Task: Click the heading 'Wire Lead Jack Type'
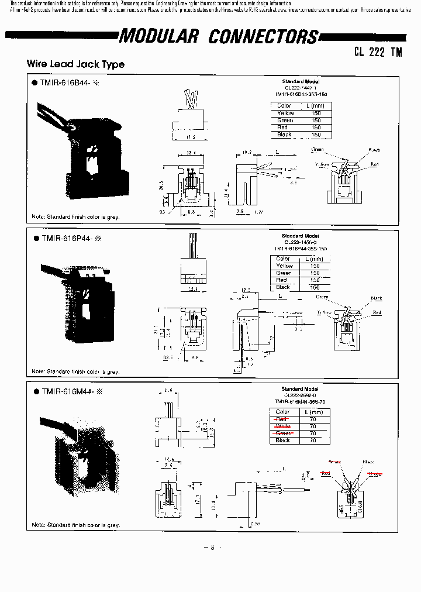pos(75,64)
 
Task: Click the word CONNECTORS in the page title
pos(263,37)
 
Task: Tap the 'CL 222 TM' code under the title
pos(378,51)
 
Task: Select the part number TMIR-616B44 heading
pos(65,83)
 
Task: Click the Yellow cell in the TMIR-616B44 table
pos(285,113)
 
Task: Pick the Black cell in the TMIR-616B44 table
pos(284,135)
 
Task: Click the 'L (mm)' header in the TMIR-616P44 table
pos(314,259)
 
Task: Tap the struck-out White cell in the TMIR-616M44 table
pos(282,426)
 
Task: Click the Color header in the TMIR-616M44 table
pos(282,412)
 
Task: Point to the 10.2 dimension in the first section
pos(246,152)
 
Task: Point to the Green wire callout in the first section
pos(318,150)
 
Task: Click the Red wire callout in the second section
pos(377,312)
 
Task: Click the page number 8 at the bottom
pos(212,548)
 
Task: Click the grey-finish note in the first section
pos(75,217)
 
